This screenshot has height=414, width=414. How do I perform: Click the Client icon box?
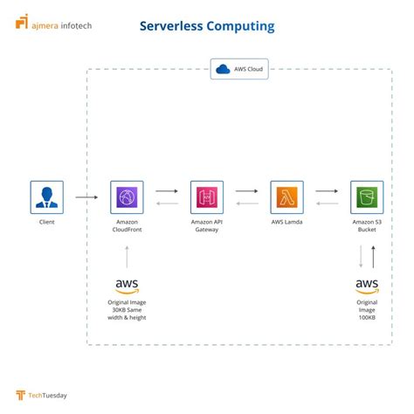pos(47,197)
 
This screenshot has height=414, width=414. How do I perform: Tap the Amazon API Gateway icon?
pos(207,197)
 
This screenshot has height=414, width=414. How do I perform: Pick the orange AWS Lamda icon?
pos(286,197)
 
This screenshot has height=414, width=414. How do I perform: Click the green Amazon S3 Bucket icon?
pos(367,197)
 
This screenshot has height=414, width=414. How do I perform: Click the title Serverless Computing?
pos(207,26)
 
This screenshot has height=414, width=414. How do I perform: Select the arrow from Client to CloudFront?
pos(86,197)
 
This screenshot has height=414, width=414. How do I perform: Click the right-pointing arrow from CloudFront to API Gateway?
pos(167,190)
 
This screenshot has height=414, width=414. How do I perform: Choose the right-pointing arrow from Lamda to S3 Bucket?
pos(327,190)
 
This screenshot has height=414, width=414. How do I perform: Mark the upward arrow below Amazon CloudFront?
pos(128,257)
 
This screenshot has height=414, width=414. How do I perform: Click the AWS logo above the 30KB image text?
pos(128,286)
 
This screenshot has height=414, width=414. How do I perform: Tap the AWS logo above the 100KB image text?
pos(367,286)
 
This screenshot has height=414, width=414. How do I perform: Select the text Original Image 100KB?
pos(367,309)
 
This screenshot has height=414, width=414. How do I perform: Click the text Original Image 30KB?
pos(128,309)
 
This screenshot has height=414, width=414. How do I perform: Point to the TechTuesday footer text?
pos(46,395)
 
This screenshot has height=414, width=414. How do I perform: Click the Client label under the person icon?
pos(47,223)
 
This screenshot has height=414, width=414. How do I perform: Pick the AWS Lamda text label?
pos(286,223)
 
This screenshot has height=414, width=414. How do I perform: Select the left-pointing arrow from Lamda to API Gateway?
pos(247,205)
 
